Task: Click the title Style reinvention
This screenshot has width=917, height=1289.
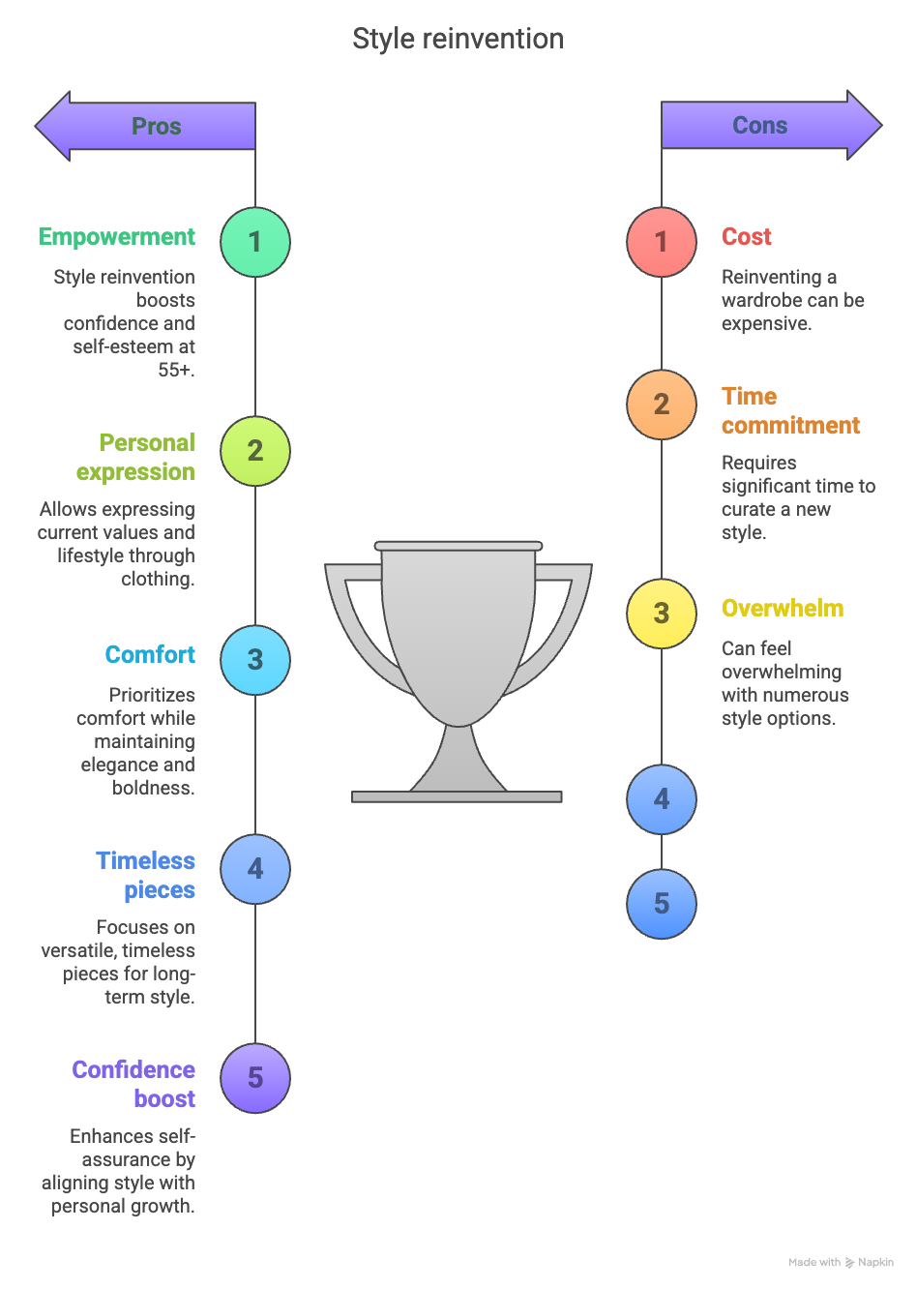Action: pyautogui.click(x=458, y=39)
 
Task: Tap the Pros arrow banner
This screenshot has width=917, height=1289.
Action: pyautogui.click(x=155, y=126)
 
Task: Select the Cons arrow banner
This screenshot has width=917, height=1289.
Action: pyautogui.click(x=761, y=126)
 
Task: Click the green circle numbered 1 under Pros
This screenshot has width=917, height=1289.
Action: pyautogui.click(x=255, y=242)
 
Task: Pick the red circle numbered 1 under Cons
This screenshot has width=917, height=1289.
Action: pyautogui.click(x=662, y=242)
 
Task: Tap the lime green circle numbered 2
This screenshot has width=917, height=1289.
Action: pyautogui.click(x=255, y=451)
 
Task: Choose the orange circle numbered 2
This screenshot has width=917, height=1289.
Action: pyautogui.click(x=662, y=405)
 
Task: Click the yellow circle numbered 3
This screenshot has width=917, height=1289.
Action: pyautogui.click(x=662, y=614)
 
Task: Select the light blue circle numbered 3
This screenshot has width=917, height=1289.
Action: pyautogui.click(x=255, y=660)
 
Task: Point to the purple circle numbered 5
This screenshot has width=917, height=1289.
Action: pyautogui.click(x=255, y=1078)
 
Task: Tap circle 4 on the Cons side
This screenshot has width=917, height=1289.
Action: pyautogui.click(x=662, y=799)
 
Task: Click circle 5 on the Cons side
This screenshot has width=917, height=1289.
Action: pyautogui.click(x=662, y=904)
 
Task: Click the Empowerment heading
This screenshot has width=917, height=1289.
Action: pyautogui.click(x=117, y=237)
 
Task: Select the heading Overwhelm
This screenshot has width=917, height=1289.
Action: pyautogui.click(x=783, y=609)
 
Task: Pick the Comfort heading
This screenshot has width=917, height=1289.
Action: pyautogui.click(x=150, y=655)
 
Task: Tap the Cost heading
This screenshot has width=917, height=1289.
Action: pyautogui.click(x=747, y=237)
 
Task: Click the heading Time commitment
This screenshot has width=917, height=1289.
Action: pyautogui.click(x=790, y=411)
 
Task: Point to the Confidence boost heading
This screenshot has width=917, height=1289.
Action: pyautogui.click(x=133, y=1084)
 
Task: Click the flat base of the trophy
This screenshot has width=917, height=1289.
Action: pyautogui.click(x=457, y=797)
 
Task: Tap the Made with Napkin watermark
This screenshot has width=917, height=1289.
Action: pyautogui.click(x=841, y=1262)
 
